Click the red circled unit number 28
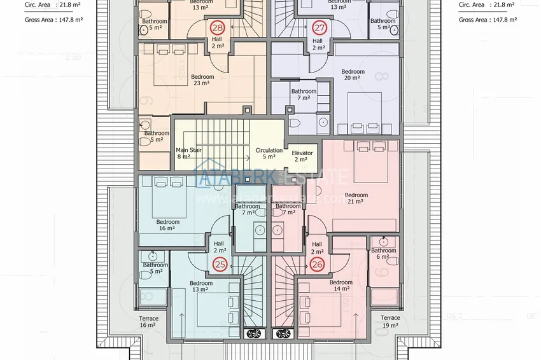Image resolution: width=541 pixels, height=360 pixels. [217, 28]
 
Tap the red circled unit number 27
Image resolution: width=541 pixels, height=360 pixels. [320, 28]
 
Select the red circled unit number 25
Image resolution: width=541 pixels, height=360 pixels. [220, 263]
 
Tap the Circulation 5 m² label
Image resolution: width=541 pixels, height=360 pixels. [269, 154]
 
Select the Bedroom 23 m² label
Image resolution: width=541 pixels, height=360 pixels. [202, 80]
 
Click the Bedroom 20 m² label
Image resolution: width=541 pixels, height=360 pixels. [353, 75]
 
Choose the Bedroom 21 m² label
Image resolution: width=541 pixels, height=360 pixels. [356, 198]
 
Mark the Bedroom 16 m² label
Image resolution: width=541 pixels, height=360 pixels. [168, 225]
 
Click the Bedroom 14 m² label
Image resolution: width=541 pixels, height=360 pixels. [341, 286]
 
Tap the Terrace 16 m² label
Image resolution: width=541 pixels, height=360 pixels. [148, 321]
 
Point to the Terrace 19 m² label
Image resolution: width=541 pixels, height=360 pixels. [390, 321]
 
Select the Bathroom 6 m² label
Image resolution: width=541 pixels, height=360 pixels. [384, 254]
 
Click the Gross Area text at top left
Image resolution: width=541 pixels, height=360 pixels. [53, 20]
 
